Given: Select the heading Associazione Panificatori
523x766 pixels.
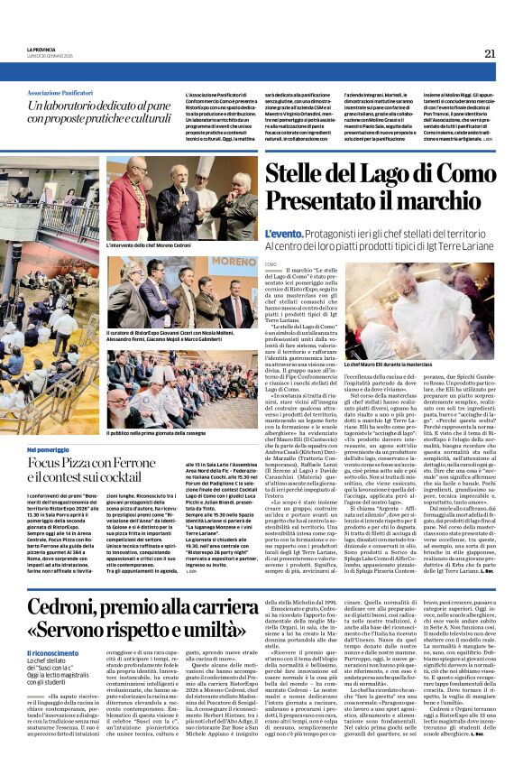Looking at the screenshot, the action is click(x=64, y=93).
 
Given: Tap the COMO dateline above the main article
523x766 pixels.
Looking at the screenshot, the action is click(x=271, y=263).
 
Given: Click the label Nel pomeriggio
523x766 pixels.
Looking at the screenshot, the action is click(x=48, y=448).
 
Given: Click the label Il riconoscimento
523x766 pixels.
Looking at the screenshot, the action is click(x=51, y=653).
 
